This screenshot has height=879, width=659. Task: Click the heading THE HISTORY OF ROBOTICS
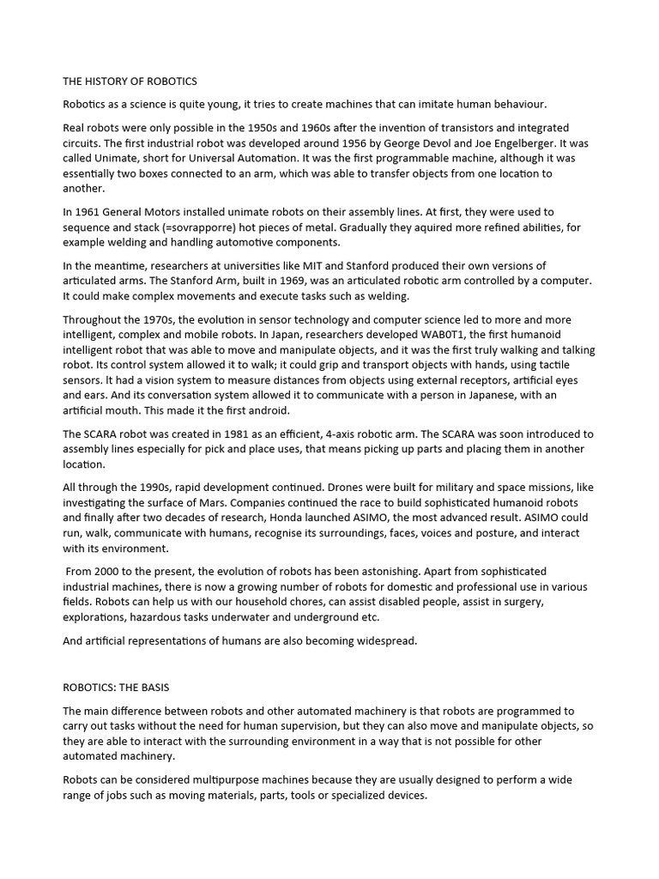pyautogui.click(x=130, y=82)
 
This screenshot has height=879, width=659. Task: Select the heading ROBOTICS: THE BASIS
pyautogui.click(x=121, y=688)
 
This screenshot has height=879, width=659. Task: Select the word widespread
pyautogui.click(x=384, y=641)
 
